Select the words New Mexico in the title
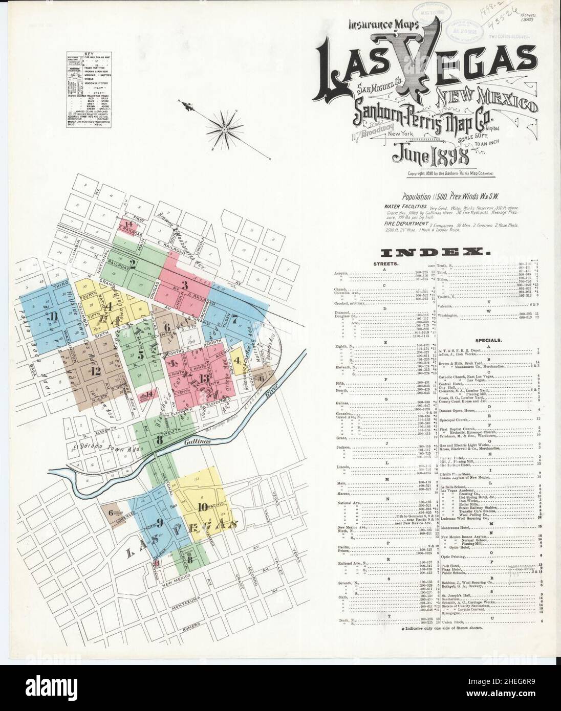click(x=487, y=101)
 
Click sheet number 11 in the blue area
click(x=53, y=322)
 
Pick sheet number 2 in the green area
click(x=132, y=264)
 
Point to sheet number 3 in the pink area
click(x=185, y=285)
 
